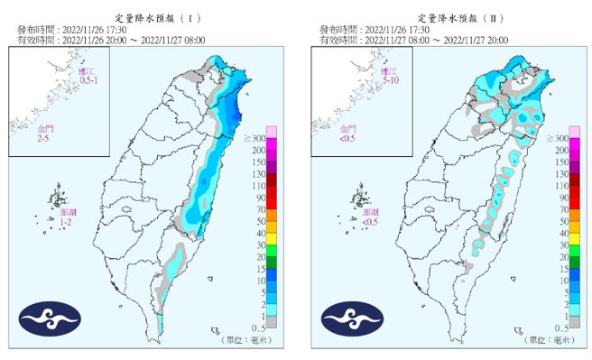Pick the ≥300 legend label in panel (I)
[255, 137]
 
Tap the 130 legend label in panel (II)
[560, 172]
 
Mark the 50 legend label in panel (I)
[258, 220]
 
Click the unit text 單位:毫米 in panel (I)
[246, 340]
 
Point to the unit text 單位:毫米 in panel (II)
[548, 340]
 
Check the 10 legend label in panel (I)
[258, 281]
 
